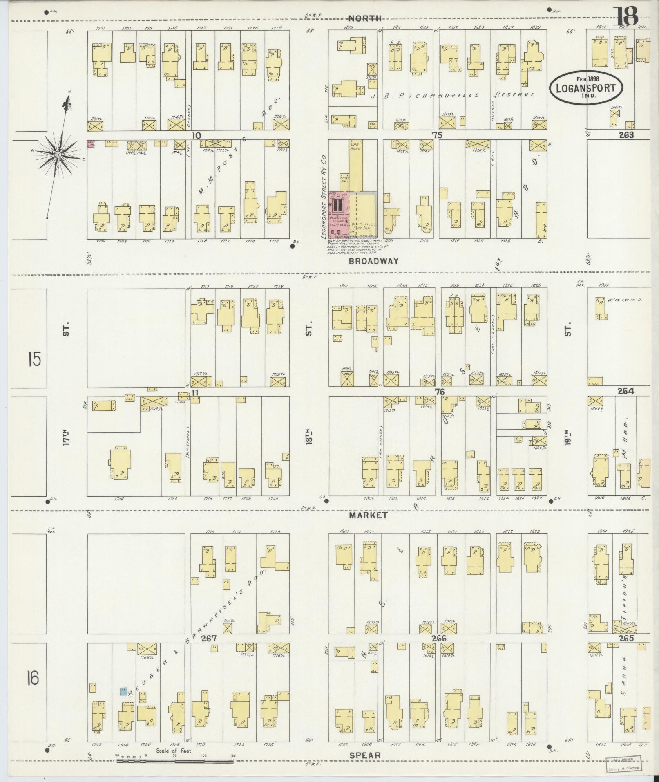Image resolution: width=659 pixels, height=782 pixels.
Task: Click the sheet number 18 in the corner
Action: coord(628,17)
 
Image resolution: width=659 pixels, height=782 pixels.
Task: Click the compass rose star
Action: coord(58,155)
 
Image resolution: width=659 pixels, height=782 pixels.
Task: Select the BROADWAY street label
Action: coord(373,261)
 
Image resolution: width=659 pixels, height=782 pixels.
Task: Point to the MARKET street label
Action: coord(368,515)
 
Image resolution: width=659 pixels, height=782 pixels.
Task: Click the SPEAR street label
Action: coord(365,755)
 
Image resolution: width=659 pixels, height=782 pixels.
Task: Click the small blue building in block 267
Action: coord(123,691)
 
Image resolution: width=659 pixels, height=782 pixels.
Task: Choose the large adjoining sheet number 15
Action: coord(34,361)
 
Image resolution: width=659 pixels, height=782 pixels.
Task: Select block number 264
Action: coord(625,391)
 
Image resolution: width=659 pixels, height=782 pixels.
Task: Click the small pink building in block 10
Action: coord(91,144)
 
